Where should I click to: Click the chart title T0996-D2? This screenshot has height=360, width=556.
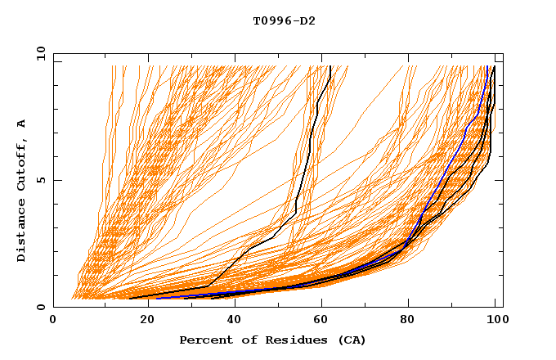coord(284,21)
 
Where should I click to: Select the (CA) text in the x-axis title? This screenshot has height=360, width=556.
coord(350,340)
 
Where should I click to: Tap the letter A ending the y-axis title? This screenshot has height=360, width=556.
coord(22,124)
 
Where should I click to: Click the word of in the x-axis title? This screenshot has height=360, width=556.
coord(244,340)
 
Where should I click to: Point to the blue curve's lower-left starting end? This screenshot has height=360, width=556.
coord(158,298)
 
